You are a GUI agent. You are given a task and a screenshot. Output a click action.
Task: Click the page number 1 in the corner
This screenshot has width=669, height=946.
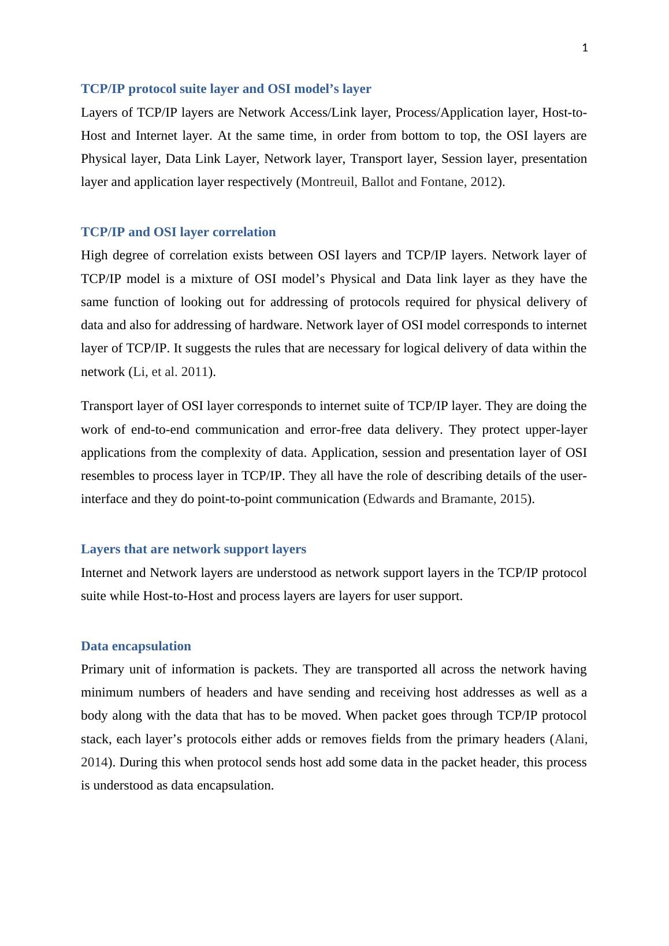pyautogui.click(x=585, y=49)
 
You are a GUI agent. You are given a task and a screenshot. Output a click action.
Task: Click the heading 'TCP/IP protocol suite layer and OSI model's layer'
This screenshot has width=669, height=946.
pyautogui.click(x=226, y=89)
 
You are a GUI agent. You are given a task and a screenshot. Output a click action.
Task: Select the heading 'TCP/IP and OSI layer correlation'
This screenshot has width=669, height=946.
pyautogui.click(x=178, y=232)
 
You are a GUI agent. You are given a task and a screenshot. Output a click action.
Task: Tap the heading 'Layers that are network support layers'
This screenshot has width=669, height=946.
pyautogui.click(x=194, y=549)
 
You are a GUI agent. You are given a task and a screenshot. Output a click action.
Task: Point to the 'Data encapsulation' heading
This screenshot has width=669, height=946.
pyautogui.click(x=136, y=646)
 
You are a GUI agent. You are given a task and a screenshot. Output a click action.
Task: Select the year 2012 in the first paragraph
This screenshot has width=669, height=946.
pyautogui.click(x=484, y=182)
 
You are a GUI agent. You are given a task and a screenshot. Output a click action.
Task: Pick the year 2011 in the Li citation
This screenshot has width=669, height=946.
pyautogui.click(x=195, y=372)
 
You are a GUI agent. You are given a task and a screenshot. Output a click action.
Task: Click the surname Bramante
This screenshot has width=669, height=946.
pyautogui.click(x=466, y=499)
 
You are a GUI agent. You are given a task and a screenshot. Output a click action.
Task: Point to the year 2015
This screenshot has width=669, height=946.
pyautogui.click(x=514, y=499)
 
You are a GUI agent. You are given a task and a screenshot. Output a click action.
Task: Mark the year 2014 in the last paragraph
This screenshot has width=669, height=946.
pyautogui.click(x=94, y=762)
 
